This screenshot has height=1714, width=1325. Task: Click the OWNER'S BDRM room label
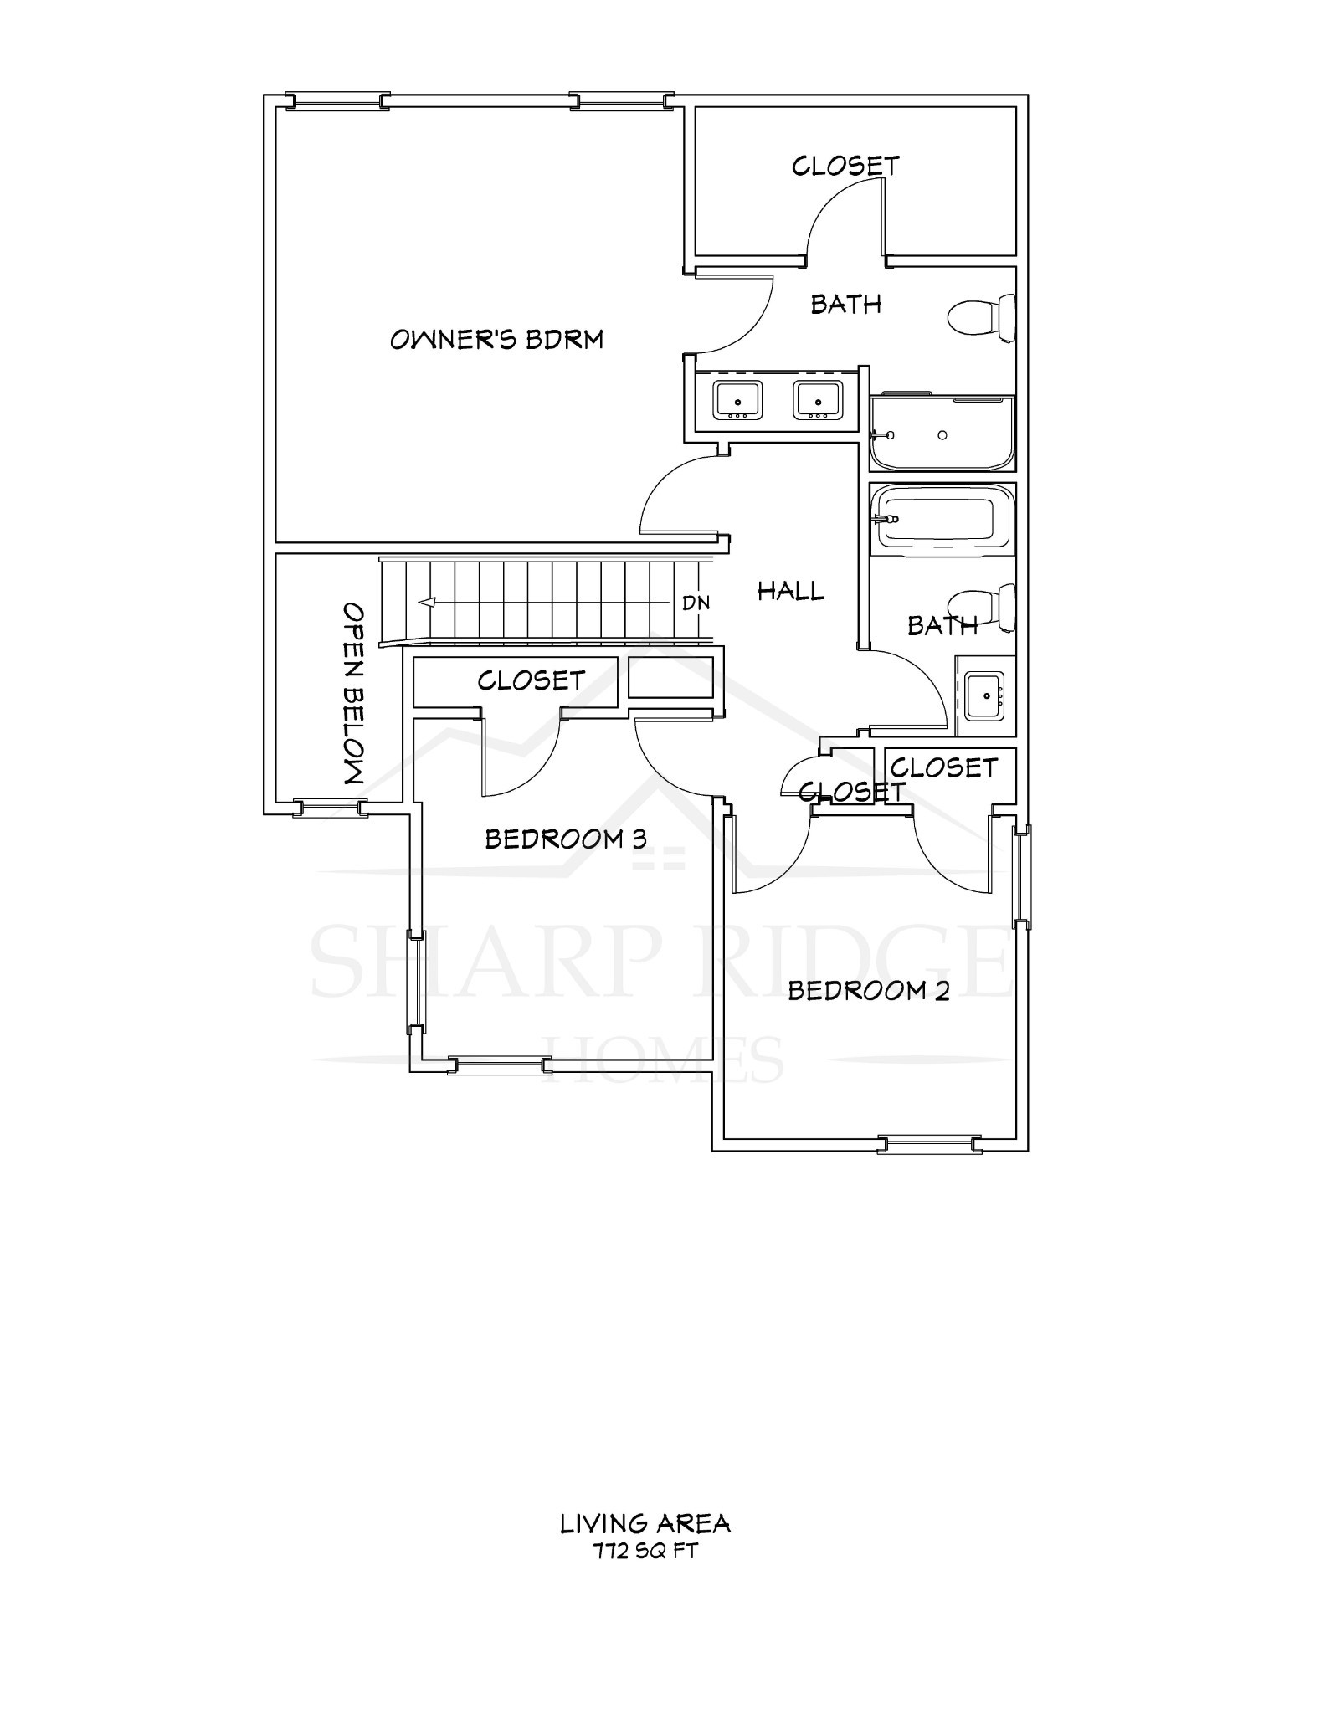tap(496, 340)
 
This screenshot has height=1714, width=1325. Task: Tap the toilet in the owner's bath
tap(981, 318)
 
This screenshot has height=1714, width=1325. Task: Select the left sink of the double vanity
tap(737, 400)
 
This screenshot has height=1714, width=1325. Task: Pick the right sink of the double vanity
tap(818, 400)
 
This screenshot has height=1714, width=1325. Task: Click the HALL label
tap(790, 592)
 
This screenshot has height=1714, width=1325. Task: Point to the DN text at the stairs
tap(696, 603)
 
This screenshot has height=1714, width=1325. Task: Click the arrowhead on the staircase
tap(427, 602)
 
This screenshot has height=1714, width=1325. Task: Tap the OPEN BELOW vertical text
tap(354, 693)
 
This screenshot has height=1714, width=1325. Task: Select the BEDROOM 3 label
tap(566, 839)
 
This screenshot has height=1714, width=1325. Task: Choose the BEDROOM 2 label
tap(868, 992)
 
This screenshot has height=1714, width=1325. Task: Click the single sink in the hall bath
tap(984, 695)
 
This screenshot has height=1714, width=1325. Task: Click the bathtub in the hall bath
tap(942, 519)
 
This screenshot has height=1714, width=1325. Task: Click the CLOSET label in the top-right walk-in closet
tap(845, 166)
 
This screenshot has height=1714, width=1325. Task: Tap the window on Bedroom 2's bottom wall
tap(928, 1144)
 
